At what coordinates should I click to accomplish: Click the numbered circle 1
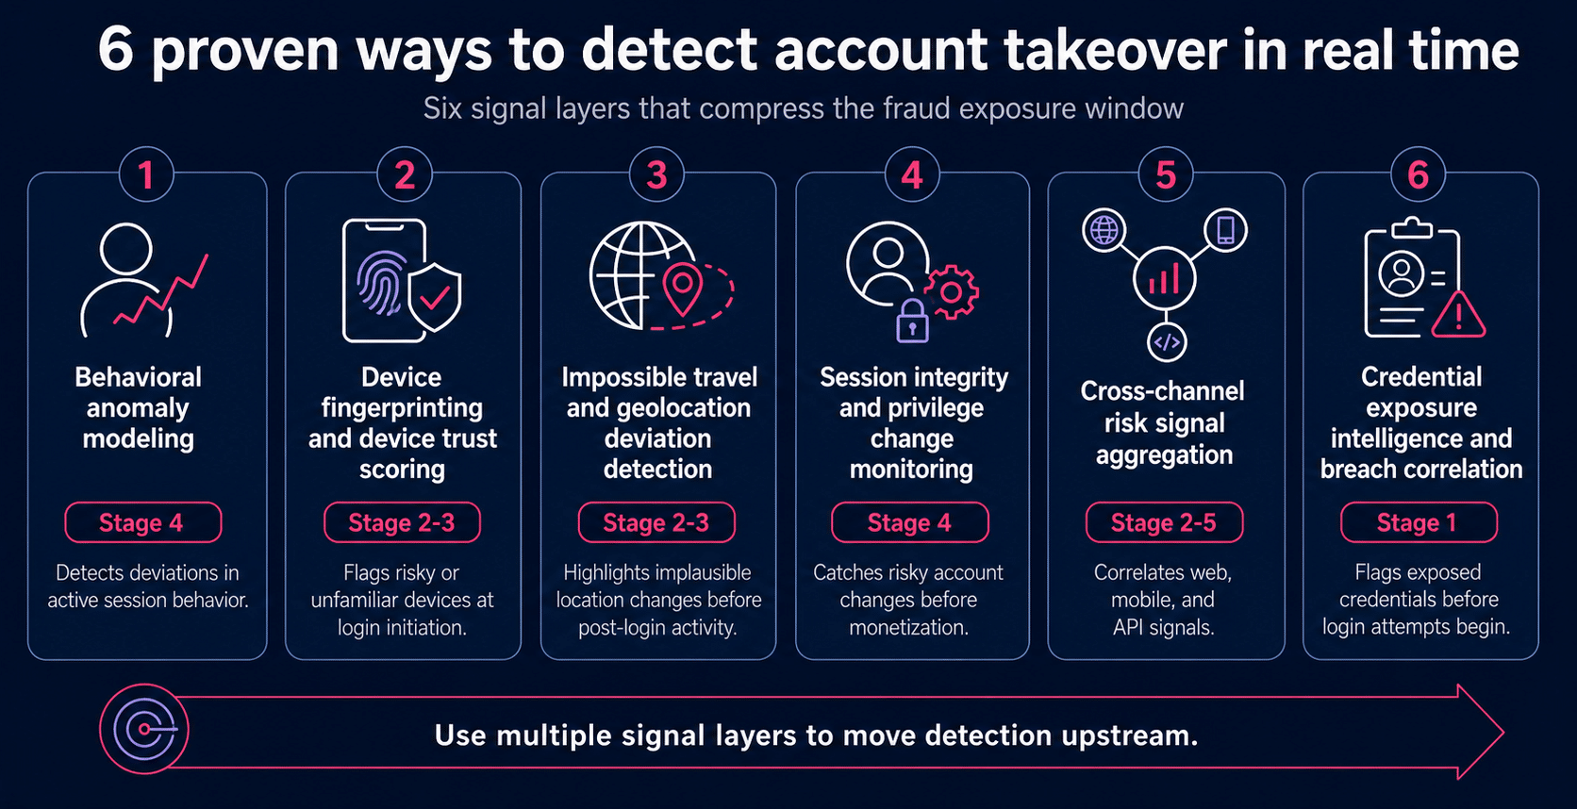(x=146, y=174)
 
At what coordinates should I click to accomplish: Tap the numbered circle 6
(x=1418, y=174)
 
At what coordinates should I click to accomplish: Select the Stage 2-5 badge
(x=1164, y=522)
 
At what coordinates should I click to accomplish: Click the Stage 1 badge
(x=1419, y=522)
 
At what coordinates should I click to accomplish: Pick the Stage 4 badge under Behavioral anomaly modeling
(x=143, y=522)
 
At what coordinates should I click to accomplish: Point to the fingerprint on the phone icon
(x=381, y=282)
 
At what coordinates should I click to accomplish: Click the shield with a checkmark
(x=435, y=297)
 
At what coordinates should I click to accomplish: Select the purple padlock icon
(x=912, y=322)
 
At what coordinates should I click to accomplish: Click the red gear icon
(x=951, y=292)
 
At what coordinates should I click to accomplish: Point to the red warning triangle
(x=1459, y=315)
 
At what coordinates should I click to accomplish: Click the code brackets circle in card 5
(x=1167, y=342)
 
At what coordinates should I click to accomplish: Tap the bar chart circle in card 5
(x=1165, y=278)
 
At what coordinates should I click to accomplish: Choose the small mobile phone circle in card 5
(x=1226, y=230)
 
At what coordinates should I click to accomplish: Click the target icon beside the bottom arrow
(x=144, y=730)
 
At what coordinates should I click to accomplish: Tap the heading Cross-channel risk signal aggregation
(x=1163, y=422)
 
